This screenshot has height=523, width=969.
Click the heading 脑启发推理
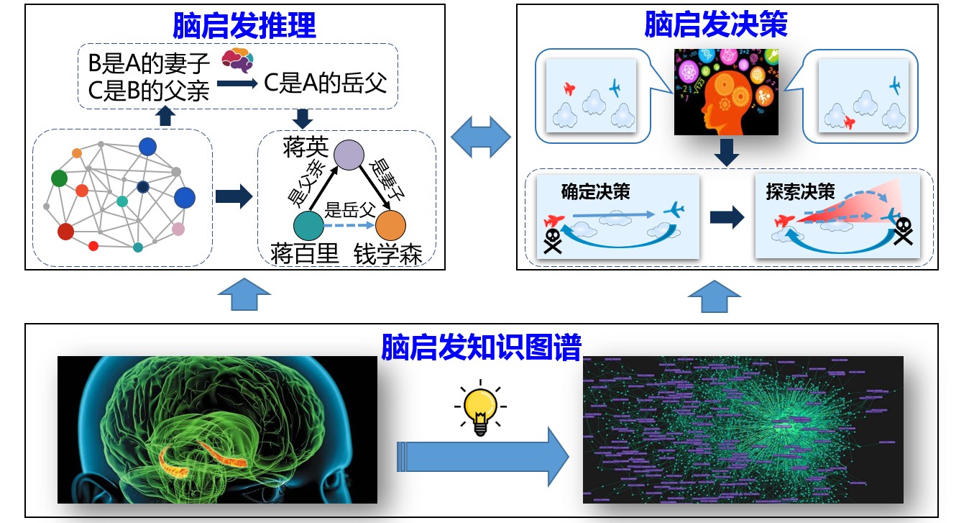(x=244, y=26)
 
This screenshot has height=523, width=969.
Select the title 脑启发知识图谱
(x=481, y=347)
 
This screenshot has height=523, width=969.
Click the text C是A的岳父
(x=326, y=83)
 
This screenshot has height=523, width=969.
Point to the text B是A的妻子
(x=149, y=64)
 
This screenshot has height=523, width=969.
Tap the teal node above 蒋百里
(x=309, y=225)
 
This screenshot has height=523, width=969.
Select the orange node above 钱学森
(x=392, y=225)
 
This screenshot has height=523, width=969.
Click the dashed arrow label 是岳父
(x=350, y=211)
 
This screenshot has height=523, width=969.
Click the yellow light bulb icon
(x=479, y=409)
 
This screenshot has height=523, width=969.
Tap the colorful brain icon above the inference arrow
(x=236, y=60)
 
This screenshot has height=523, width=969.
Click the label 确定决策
(x=595, y=193)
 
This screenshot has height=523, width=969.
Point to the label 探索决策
(x=800, y=192)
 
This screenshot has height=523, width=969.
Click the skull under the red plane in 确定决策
(x=552, y=242)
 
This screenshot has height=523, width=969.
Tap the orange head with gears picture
(x=726, y=91)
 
